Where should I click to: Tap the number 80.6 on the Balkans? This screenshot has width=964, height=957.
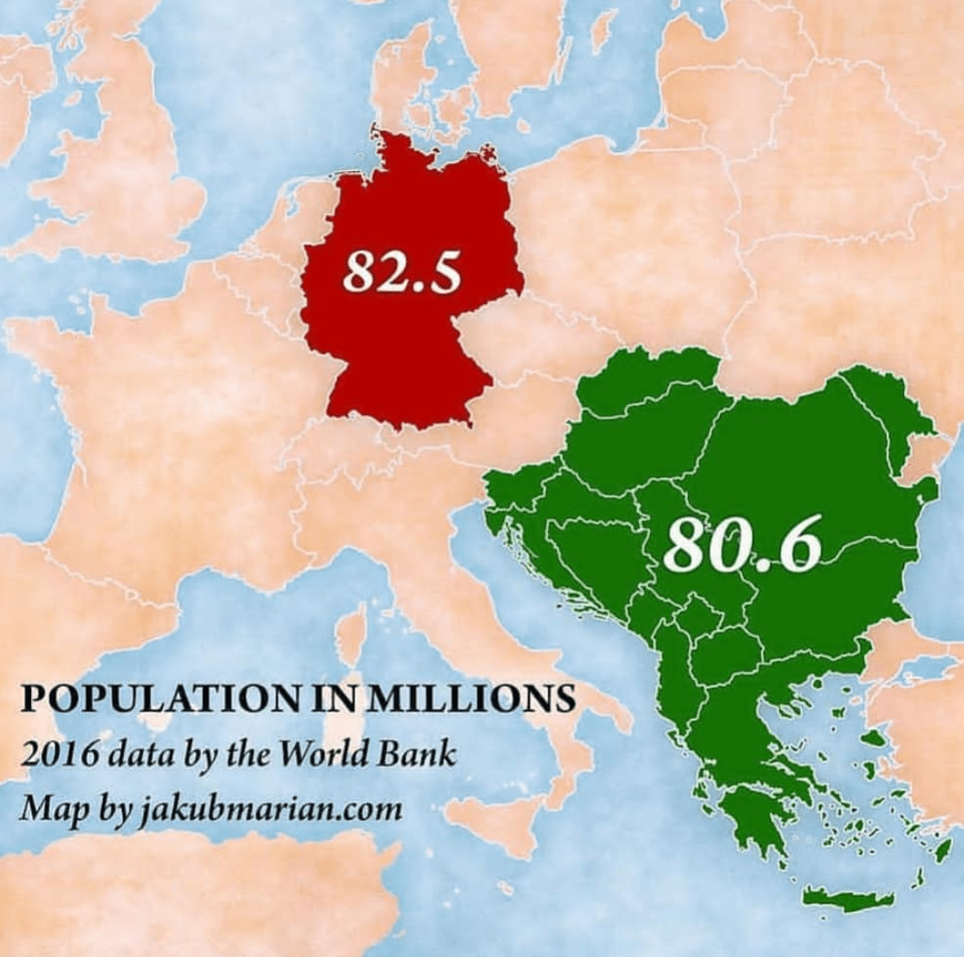coord(742,545)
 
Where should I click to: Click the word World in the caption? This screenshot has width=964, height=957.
coord(318,755)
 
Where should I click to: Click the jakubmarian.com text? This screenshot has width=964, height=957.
coord(269,810)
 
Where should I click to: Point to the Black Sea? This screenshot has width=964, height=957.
coord(946,571)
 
